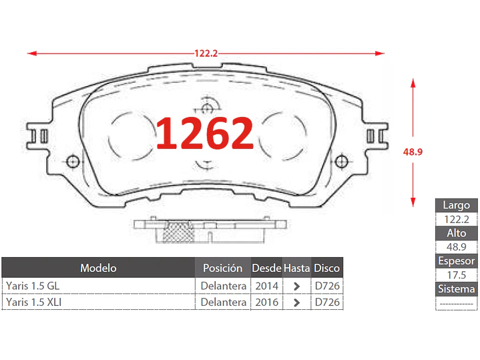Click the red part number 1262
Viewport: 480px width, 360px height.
[205, 133]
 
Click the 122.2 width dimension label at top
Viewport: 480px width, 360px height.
[206, 53]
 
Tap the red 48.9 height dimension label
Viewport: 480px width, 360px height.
[413, 152]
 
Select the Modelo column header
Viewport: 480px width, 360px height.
[98, 268]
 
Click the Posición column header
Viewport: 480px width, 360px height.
[222, 268]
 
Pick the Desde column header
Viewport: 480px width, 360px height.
[266, 268]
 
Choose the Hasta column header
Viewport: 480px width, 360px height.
[296, 268]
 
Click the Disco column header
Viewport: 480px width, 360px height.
[327, 268]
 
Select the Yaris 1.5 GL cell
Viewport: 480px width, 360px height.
[33, 285]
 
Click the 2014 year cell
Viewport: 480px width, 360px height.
[266, 285]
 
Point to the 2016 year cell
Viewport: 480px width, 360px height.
[266, 302]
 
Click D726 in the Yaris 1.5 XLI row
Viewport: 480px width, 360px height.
[327, 302]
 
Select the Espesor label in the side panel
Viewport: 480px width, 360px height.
[457, 261]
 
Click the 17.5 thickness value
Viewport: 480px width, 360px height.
[457, 275]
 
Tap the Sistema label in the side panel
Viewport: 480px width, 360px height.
[457, 289]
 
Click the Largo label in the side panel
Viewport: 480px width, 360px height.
[457, 205]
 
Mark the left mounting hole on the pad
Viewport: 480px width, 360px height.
[72, 160]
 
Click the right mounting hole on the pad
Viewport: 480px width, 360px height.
[342, 160]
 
